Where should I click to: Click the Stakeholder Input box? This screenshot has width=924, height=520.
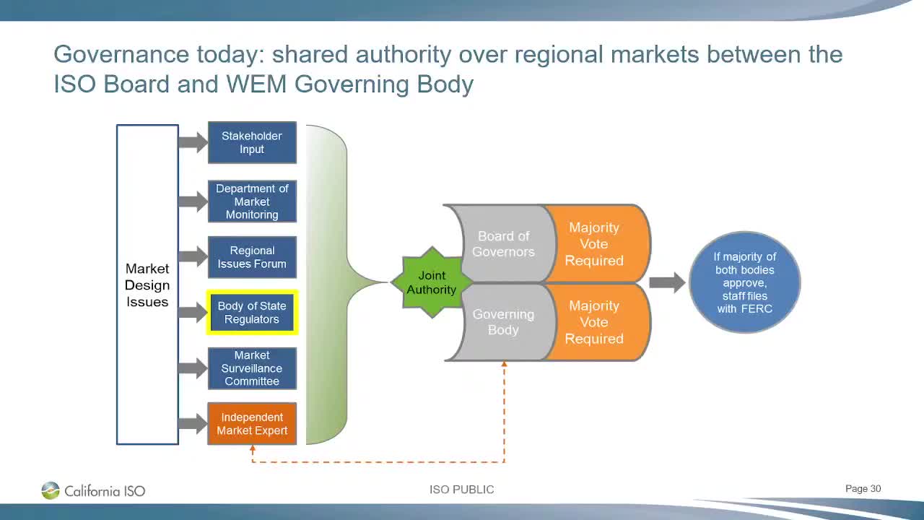(252, 142)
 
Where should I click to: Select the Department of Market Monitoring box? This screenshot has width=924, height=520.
(252, 201)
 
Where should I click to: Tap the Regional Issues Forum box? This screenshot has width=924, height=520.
(252, 257)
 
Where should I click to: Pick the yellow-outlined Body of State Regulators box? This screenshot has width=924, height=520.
(252, 313)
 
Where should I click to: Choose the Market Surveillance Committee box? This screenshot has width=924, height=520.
(252, 368)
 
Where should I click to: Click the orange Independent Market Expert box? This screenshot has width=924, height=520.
(252, 424)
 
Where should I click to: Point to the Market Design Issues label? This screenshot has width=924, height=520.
(147, 285)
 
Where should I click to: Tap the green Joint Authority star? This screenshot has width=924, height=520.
(431, 282)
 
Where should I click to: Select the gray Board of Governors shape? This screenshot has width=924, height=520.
(503, 244)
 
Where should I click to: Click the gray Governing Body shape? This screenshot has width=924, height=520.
(503, 322)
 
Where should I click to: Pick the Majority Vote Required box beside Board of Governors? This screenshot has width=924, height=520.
(595, 244)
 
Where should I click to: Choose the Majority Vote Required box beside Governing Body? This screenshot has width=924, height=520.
(595, 322)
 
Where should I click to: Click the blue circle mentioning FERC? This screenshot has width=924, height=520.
(744, 282)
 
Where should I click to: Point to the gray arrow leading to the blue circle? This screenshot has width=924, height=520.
(666, 282)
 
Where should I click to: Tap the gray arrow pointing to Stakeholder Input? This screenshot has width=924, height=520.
(192, 142)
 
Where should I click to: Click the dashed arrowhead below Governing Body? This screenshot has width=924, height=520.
(504, 365)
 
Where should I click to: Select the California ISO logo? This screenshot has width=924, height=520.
(93, 491)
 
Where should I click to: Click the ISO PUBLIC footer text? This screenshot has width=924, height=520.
(461, 490)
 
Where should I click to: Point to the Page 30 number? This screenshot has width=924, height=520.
(863, 489)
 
